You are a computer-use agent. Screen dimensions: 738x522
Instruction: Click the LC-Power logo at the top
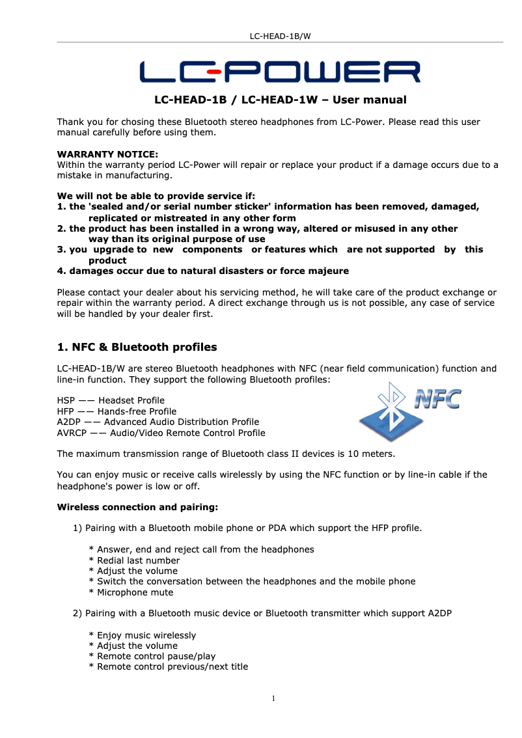pyautogui.click(x=280, y=72)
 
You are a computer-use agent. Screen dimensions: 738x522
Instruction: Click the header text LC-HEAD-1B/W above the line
pyautogui.click(x=280, y=36)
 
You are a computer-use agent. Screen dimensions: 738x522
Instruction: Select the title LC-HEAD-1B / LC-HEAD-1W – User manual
pyautogui.click(x=280, y=100)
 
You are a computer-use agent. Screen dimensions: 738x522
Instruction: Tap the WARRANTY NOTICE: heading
pyautogui.click(x=107, y=155)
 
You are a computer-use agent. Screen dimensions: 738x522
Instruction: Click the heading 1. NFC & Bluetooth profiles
pyautogui.click(x=137, y=347)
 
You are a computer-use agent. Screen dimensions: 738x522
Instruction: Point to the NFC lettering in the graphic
pyautogui.click(x=437, y=398)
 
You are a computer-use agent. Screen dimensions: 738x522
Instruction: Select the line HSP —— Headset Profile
pyautogui.click(x=111, y=400)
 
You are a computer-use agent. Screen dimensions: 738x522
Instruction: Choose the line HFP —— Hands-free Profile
pyautogui.click(x=117, y=411)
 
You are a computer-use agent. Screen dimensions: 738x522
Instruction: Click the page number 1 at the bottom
pyautogui.click(x=273, y=699)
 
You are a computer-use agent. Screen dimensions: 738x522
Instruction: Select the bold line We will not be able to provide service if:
pyautogui.click(x=156, y=197)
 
